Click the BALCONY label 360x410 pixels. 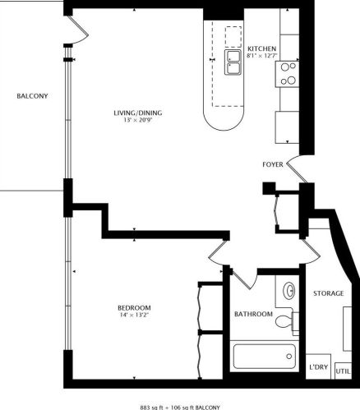pos(32,96)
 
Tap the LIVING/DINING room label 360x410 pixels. pos(138,113)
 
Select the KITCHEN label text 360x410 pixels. pos(262,48)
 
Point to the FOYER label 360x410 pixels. pos(273,164)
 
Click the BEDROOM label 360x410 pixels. pos(134,307)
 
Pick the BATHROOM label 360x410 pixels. pos(253,314)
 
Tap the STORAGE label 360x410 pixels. pos(328,293)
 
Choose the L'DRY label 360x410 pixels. pos(318,367)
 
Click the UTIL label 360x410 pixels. pos(343,371)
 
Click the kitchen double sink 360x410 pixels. pos(233,62)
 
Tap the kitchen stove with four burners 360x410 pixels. pos(287,74)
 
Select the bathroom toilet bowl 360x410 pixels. pos(284,321)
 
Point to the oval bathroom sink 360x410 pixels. pos(288,291)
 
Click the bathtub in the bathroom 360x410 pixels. pos(265,357)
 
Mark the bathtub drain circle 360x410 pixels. pos(289,357)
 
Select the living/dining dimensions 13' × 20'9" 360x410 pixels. pos(138,120)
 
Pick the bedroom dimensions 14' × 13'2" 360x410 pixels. pos(134,315)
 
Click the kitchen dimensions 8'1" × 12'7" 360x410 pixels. pos(262,56)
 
